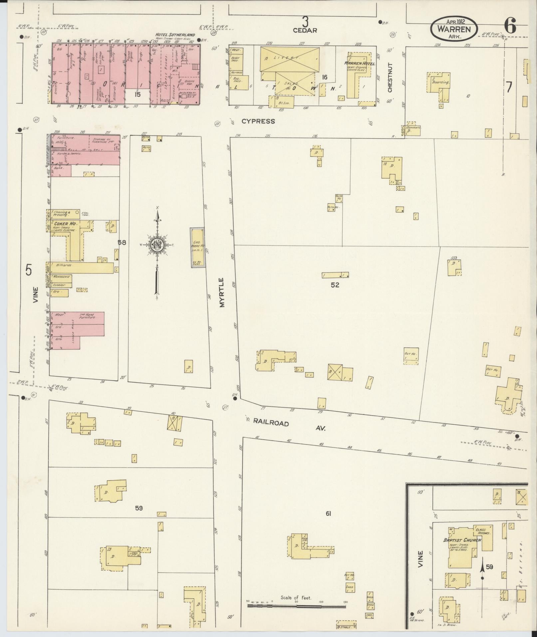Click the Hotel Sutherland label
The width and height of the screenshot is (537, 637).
tap(174, 35)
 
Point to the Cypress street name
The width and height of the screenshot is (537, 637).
tap(258, 121)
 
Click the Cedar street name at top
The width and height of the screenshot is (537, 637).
tap(305, 30)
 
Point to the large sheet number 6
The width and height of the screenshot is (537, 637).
tap(510, 26)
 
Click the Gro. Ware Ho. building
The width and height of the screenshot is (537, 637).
tap(197, 247)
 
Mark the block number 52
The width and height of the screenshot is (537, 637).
tap(335, 285)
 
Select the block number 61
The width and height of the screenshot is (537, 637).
tap(328, 514)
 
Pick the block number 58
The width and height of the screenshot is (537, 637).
tap(122, 242)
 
